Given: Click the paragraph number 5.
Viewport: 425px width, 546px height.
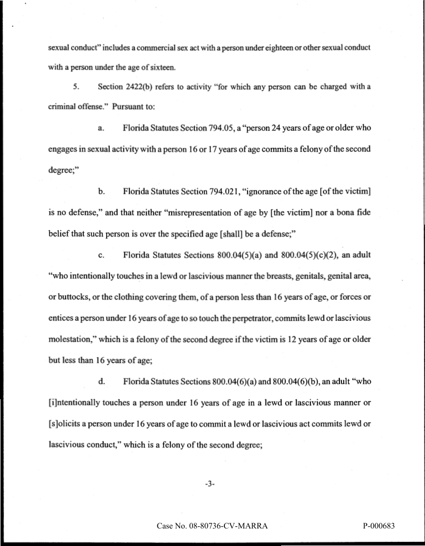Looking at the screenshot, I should coord(75,87).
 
